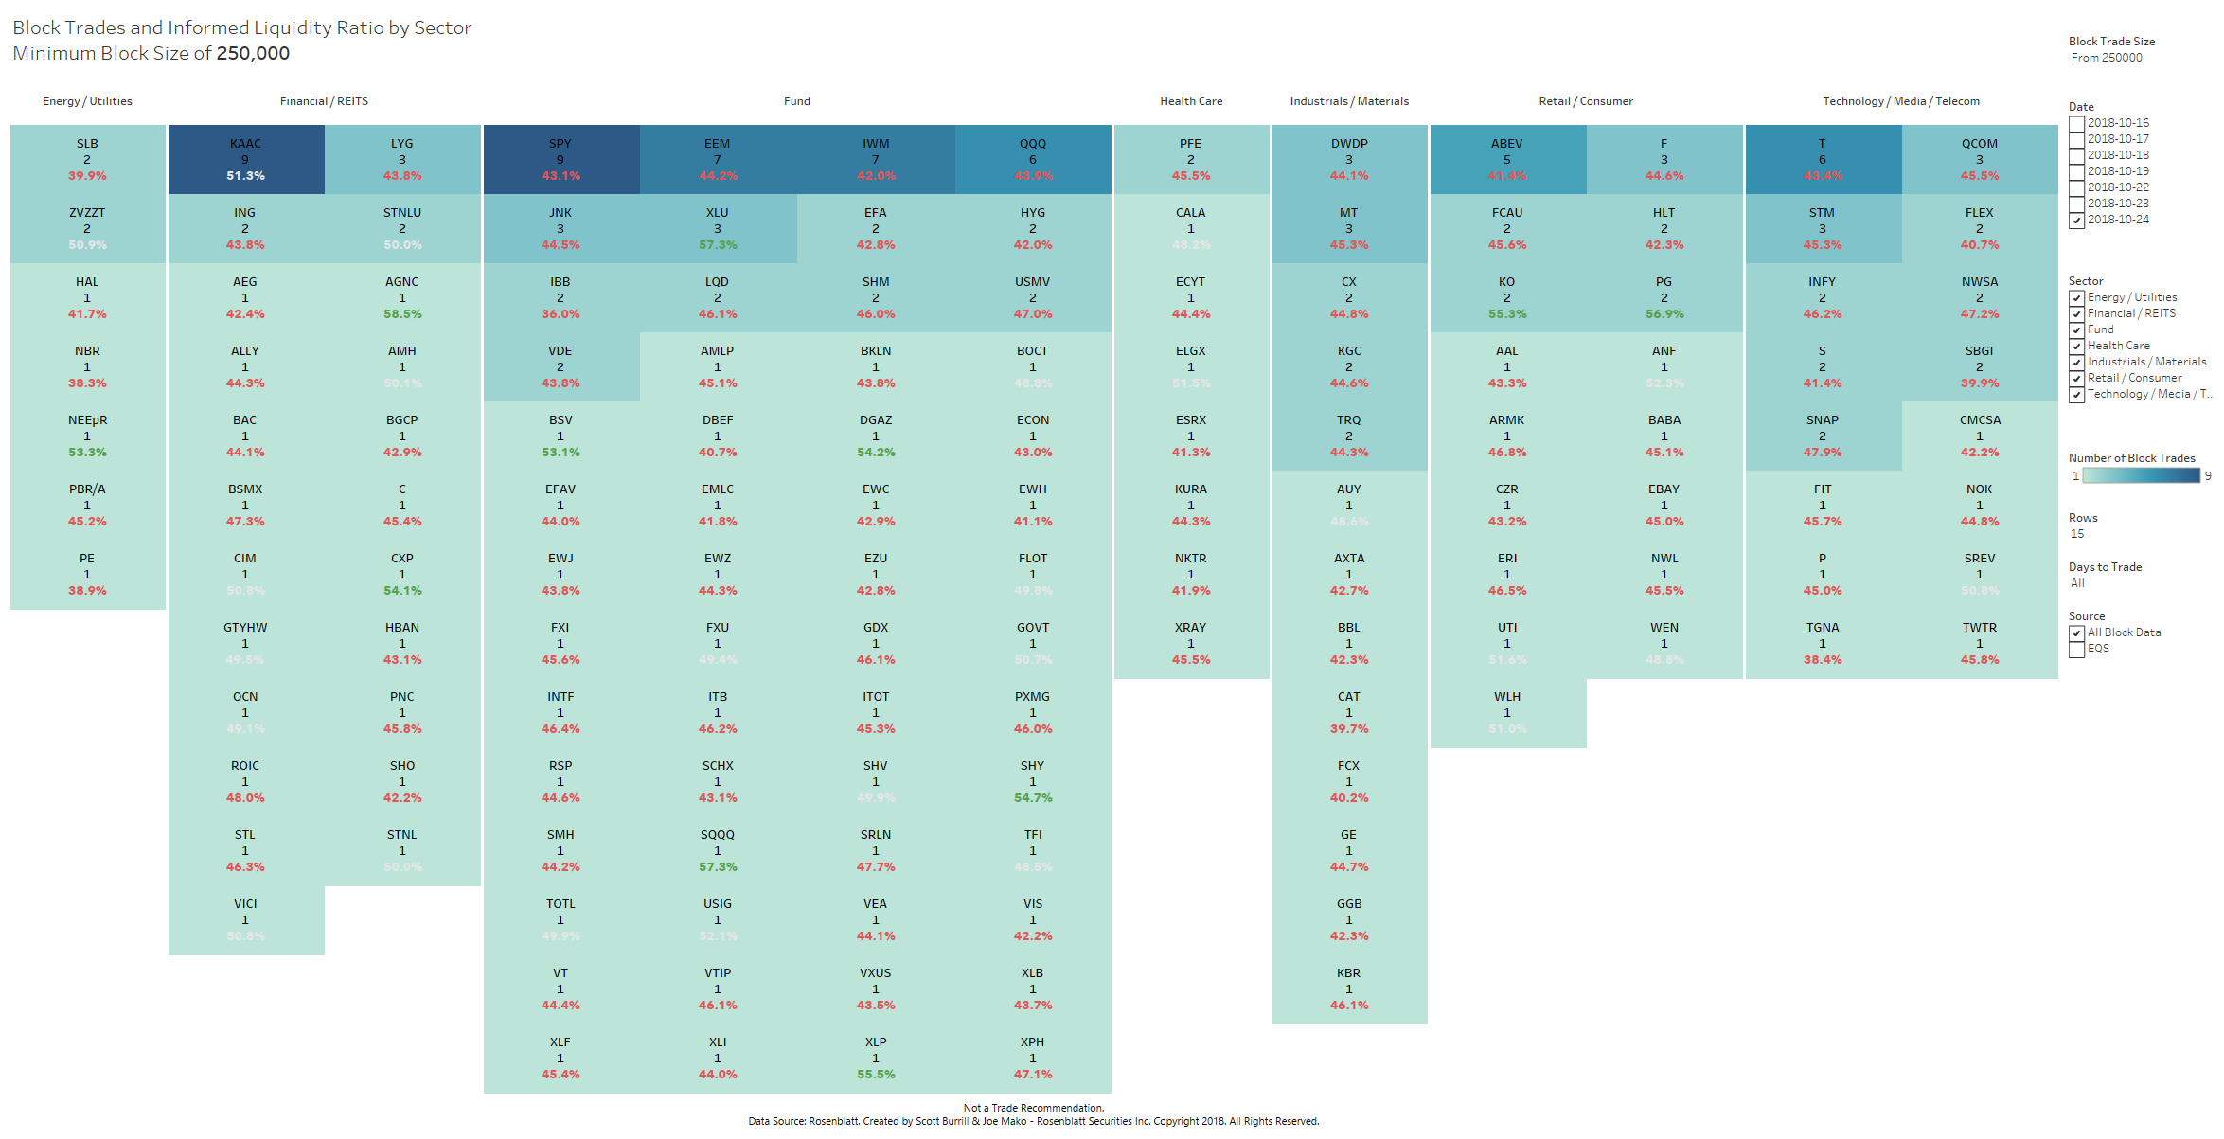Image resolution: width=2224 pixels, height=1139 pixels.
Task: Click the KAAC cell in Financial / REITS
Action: click(x=245, y=159)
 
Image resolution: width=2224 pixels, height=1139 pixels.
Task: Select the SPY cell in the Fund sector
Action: click(x=560, y=159)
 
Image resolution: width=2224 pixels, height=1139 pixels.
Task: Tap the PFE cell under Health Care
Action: click(x=1190, y=159)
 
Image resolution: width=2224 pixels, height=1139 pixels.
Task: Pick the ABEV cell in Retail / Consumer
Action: click(x=1506, y=159)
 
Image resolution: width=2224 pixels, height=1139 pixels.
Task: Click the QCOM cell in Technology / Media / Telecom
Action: click(x=1979, y=159)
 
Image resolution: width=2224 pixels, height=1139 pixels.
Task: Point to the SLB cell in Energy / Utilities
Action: click(x=87, y=159)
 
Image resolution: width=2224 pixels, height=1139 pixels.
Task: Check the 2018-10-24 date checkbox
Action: click(x=2077, y=220)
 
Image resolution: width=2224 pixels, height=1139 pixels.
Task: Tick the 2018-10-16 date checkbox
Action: click(x=2077, y=123)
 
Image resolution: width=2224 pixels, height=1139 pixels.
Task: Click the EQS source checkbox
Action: click(x=2077, y=650)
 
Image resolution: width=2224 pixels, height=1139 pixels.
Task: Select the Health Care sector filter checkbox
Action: click(x=2077, y=347)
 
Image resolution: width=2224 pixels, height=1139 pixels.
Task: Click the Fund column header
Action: click(x=796, y=101)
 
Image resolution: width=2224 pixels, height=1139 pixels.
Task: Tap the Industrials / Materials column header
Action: click(x=1349, y=101)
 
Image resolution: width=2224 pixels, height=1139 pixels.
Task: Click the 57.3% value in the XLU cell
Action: click(x=718, y=245)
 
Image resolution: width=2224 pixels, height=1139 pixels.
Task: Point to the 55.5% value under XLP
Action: click(x=876, y=1075)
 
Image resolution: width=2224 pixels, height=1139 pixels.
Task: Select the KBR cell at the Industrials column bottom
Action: click(x=1349, y=988)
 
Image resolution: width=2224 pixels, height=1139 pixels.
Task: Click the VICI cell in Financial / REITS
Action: click(x=245, y=919)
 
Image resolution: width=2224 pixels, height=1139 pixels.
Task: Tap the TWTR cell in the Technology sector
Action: click(x=1979, y=643)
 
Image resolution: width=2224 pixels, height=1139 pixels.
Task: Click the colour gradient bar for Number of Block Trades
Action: click(x=2141, y=475)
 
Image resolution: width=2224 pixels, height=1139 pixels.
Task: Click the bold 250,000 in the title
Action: click(x=253, y=54)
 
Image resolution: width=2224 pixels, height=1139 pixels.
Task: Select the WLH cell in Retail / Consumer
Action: click(x=1506, y=712)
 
